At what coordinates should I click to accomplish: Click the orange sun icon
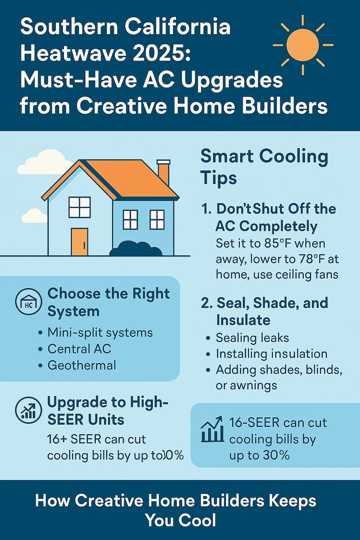tap(303, 45)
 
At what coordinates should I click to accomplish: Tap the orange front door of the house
tap(80, 242)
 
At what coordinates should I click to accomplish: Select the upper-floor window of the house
tap(80, 208)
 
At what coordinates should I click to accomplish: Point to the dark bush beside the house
tap(136, 249)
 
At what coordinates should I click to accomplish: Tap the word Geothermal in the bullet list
tap(82, 365)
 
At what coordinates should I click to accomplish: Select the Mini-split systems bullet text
tap(100, 332)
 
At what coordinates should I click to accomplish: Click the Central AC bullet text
tap(79, 349)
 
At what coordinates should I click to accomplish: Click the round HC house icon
tap(28, 302)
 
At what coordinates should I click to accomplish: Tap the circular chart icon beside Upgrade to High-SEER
tap(28, 410)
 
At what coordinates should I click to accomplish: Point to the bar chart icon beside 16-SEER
tap(212, 429)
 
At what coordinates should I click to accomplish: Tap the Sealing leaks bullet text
tap(252, 338)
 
